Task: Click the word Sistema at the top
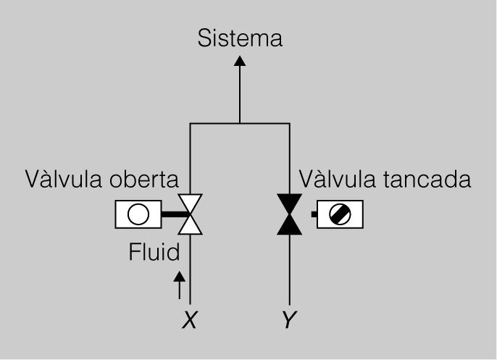tap(239, 37)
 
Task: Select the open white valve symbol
tap(191, 214)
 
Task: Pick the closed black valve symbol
tap(290, 214)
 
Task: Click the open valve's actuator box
tap(138, 214)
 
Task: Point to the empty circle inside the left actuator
tap(138, 214)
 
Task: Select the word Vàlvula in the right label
tap(338, 177)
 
